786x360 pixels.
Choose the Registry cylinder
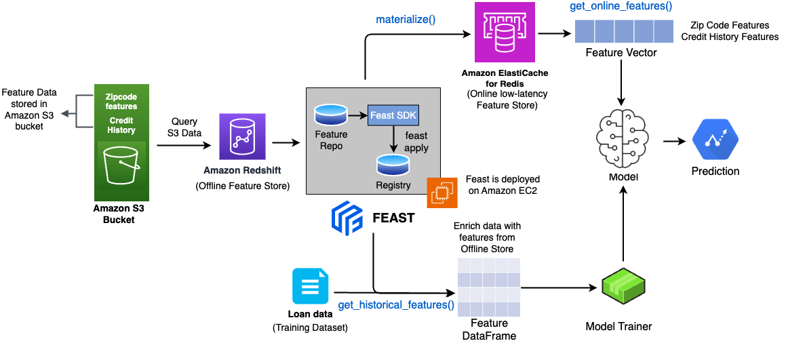[393, 164]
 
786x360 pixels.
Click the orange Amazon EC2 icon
[441, 193]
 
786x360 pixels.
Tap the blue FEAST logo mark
[347, 218]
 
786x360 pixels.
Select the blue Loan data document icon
[310, 286]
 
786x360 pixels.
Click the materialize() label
[406, 20]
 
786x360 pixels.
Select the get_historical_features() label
[396, 304]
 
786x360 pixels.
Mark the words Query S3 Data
[185, 127]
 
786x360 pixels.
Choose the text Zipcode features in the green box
[121, 102]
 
